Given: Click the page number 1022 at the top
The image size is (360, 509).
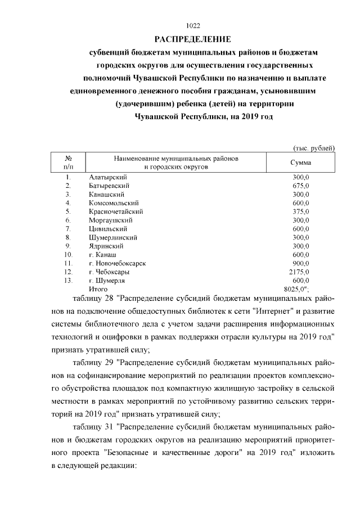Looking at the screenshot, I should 193,25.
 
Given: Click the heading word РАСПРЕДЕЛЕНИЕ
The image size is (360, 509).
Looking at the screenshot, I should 193,39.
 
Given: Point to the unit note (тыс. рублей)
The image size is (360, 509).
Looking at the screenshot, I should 313,148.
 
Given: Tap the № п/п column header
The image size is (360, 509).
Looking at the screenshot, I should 67,163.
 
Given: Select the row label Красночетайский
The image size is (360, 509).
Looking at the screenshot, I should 116,211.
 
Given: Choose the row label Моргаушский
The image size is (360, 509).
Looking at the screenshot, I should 110,220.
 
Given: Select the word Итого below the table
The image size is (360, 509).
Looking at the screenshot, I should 98,289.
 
